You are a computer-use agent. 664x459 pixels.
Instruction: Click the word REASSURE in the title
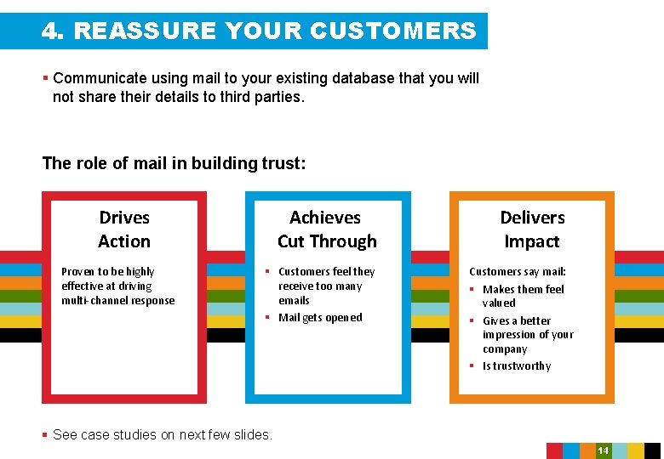point(146,31)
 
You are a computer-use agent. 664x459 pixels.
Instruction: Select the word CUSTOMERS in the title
point(392,31)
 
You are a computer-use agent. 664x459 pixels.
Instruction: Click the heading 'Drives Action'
point(124,229)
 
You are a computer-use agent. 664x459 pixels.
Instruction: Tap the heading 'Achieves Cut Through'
point(327,229)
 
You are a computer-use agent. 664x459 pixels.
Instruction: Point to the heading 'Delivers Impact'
point(532,229)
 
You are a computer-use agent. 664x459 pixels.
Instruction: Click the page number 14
point(603,450)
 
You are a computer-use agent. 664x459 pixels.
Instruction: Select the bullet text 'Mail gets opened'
point(320,318)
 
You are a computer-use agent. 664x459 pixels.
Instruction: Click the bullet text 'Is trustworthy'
point(517,366)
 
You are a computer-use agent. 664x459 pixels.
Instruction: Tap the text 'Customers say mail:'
point(518,272)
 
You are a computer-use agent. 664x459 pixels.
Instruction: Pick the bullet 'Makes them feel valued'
point(523,296)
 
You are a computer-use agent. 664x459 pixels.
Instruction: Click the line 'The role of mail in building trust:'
point(174,163)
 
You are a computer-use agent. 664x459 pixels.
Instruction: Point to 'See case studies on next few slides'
point(162,435)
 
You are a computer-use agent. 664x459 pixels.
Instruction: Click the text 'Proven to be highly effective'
point(108,279)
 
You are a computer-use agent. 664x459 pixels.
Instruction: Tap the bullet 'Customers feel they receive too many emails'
point(325,286)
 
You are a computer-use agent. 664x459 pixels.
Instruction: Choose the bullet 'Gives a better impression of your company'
point(528,335)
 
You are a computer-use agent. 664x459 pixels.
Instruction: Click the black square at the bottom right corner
point(652,450)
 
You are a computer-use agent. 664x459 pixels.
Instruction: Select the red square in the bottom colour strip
point(554,450)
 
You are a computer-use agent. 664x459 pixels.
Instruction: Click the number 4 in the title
point(50,31)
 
